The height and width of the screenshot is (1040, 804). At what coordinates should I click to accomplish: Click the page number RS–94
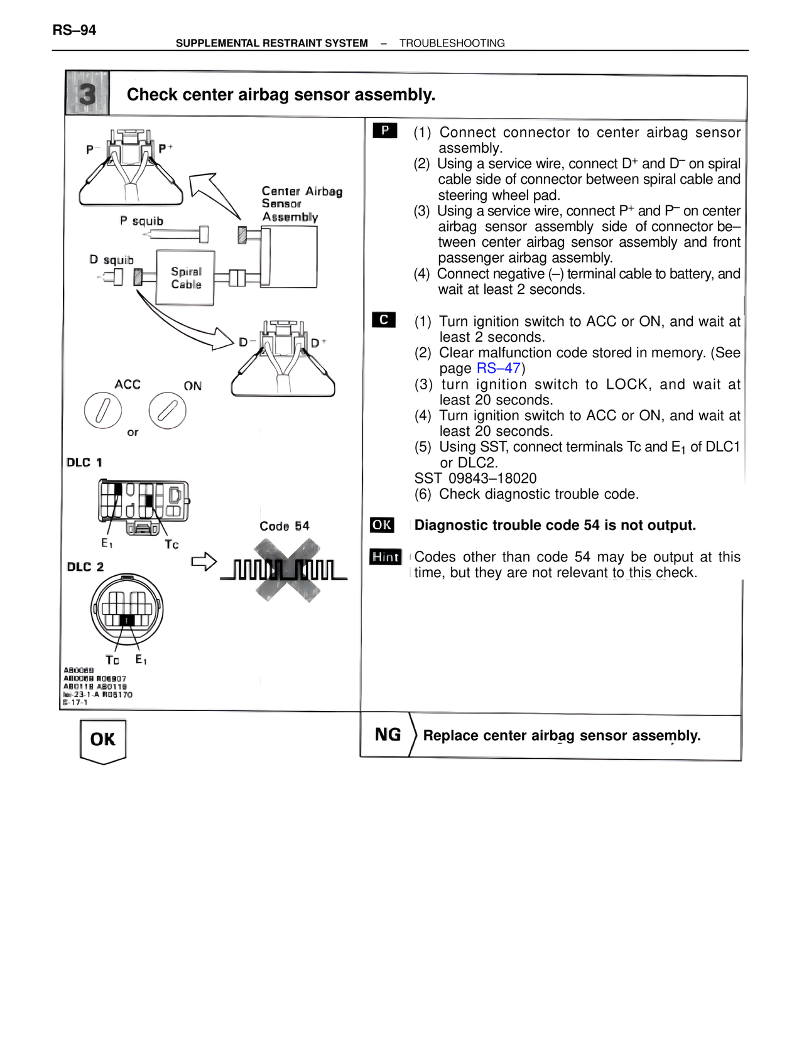tap(74, 30)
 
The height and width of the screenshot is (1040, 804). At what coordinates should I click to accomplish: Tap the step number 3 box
tap(87, 94)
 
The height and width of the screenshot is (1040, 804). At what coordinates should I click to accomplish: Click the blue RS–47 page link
tap(498, 369)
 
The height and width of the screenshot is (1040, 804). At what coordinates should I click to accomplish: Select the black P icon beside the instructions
tap(384, 131)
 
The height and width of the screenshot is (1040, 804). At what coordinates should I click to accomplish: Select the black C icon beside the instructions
tap(384, 320)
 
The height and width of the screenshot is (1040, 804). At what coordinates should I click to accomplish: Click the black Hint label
tap(385, 557)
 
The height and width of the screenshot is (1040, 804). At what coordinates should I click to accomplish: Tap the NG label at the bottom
tap(388, 735)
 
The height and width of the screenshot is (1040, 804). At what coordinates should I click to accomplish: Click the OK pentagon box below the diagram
tap(103, 740)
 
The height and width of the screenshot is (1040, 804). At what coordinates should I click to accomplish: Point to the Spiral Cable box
tap(185, 278)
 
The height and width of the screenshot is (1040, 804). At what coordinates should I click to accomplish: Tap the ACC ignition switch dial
tap(102, 411)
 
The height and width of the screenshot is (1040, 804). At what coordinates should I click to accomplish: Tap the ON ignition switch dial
tap(167, 411)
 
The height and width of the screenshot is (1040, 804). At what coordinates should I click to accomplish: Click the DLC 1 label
tap(84, 463)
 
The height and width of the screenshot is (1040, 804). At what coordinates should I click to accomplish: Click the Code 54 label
tap(285, 526)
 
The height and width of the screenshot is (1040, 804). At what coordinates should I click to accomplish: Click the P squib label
tap(141, 221)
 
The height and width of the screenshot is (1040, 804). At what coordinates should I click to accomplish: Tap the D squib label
tap(111, 260)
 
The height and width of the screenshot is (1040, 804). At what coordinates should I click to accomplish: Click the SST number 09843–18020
tap(475, 479)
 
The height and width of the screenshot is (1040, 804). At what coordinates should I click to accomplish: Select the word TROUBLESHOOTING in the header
tap(452, 43)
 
